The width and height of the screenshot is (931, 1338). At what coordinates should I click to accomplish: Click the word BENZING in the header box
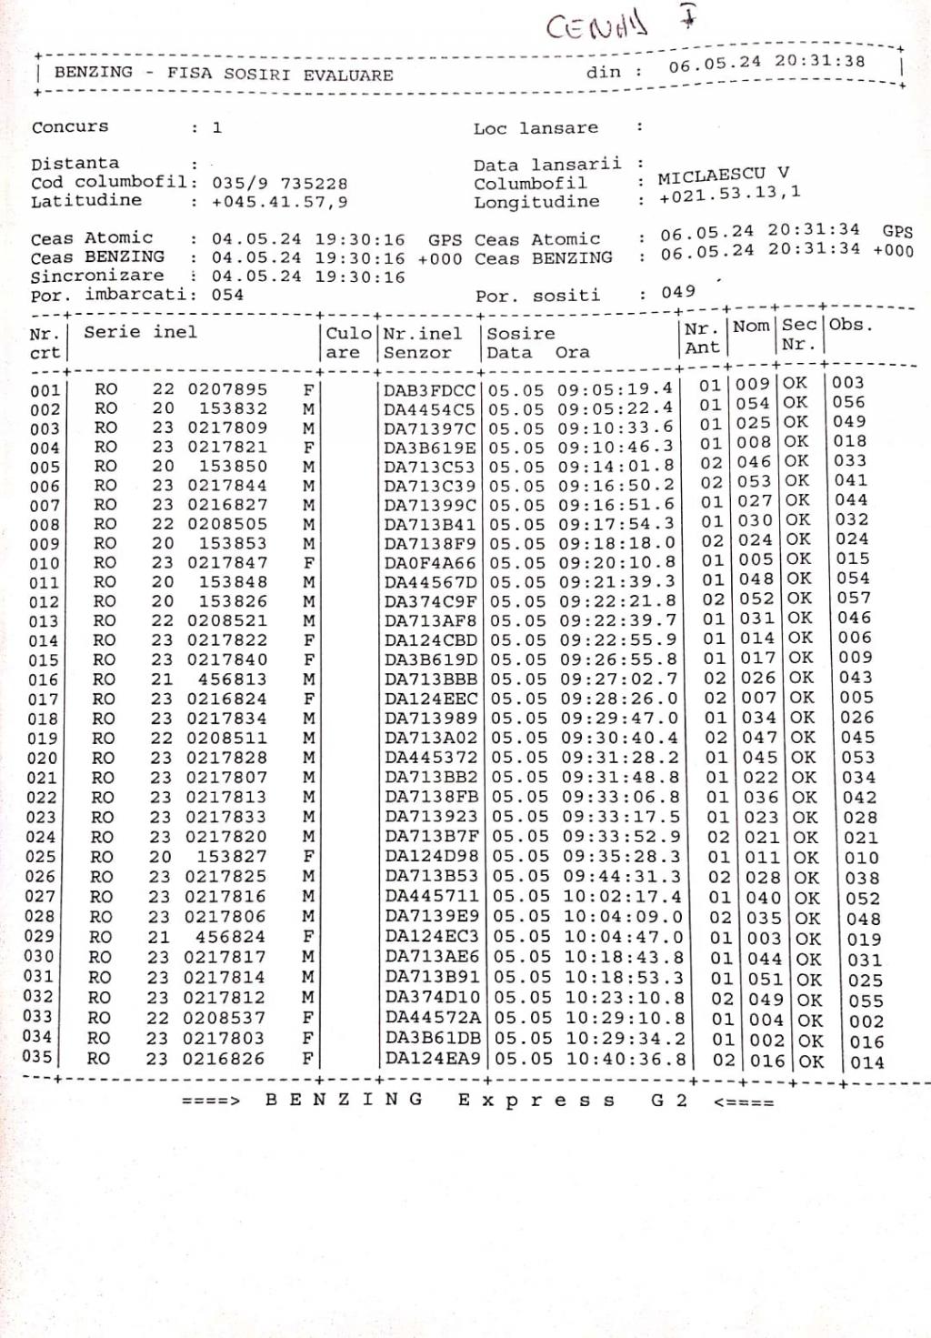point(94,72)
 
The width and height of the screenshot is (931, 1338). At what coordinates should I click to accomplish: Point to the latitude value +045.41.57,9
point(279,202)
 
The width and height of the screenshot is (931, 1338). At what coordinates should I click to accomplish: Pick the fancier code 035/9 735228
point(279,184)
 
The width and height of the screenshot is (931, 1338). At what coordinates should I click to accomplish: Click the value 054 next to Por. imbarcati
point(227,295)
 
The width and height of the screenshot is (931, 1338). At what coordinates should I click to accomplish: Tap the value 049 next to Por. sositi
point(678,292)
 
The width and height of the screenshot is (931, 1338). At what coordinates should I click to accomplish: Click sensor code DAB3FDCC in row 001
point(429,390)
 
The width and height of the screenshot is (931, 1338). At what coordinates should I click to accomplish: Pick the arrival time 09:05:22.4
point(616,408)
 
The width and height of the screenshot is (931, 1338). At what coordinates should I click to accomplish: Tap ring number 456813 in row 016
point(233,679)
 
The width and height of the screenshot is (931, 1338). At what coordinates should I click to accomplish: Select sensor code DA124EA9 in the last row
point(433,1059)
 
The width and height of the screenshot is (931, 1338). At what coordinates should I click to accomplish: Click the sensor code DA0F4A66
point(430,563)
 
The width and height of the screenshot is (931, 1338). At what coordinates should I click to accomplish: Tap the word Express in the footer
point(536,1101)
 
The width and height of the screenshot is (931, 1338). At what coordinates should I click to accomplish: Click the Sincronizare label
point(97,276)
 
